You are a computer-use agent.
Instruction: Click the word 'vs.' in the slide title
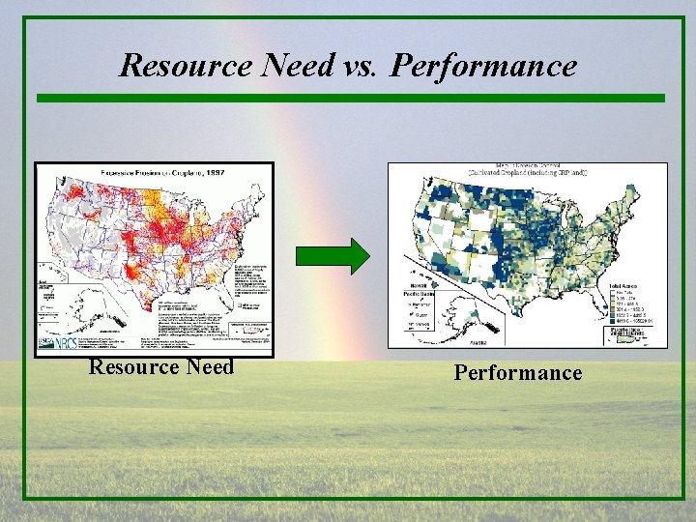[x=358, y=66]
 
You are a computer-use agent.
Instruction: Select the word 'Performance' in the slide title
[x=486, y=66]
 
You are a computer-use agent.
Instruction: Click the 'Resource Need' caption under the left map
[x=161, y=367]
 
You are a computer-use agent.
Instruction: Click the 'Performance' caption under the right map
[x=518, y=373]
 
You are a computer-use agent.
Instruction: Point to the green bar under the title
[x=350, y=98]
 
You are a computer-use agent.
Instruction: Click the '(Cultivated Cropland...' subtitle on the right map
[x=528, y=173]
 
